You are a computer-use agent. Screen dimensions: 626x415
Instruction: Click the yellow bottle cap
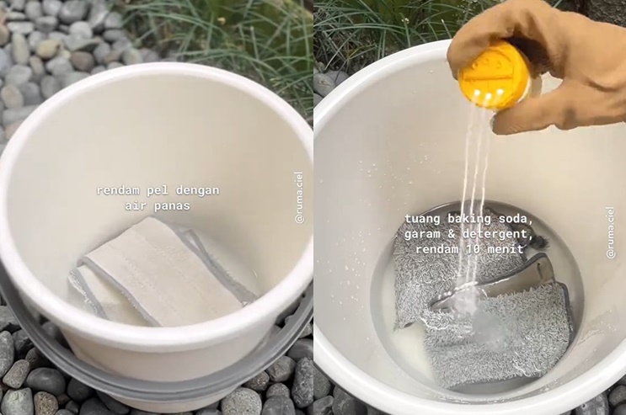click(x=495, y=76)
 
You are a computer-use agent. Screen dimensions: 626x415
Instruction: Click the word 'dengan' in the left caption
click(x=198, y=191)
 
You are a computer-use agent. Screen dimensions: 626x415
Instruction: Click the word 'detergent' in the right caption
click(x=497, y=234)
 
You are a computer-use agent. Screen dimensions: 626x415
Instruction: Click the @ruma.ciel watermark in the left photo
click(x=299, y=197)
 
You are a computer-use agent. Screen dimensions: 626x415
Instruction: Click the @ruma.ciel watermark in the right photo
click(x=611, y=232)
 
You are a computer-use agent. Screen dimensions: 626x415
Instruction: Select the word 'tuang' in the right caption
click(x=420, y=219)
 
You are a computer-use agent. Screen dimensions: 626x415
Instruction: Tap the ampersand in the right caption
click(x=451, y=234)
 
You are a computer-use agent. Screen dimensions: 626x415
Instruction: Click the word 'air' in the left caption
click(x=136, y=206)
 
